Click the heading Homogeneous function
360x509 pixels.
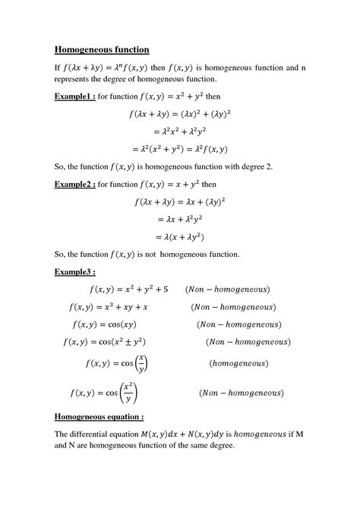[102, 50]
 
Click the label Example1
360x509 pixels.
[74, 97]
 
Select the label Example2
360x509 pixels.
[74, 184]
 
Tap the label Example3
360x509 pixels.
[74, 271]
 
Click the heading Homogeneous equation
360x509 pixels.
[99, 417]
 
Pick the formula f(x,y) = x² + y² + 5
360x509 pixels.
[128, 289]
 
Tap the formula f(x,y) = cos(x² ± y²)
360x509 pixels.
[121, 343]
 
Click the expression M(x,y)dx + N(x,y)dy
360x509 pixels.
[194, 434]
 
